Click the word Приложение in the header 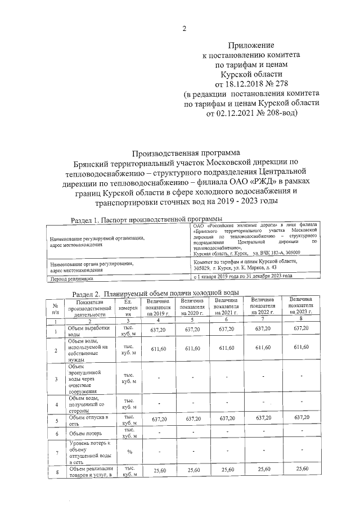(251, 44)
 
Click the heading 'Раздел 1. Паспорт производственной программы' (145, 219)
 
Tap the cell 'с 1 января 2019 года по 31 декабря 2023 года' (243, 277)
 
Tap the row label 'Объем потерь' (82, 433)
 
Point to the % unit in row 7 (128, 452)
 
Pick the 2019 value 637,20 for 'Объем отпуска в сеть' (160, 418)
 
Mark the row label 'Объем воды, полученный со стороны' (85, 404)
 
